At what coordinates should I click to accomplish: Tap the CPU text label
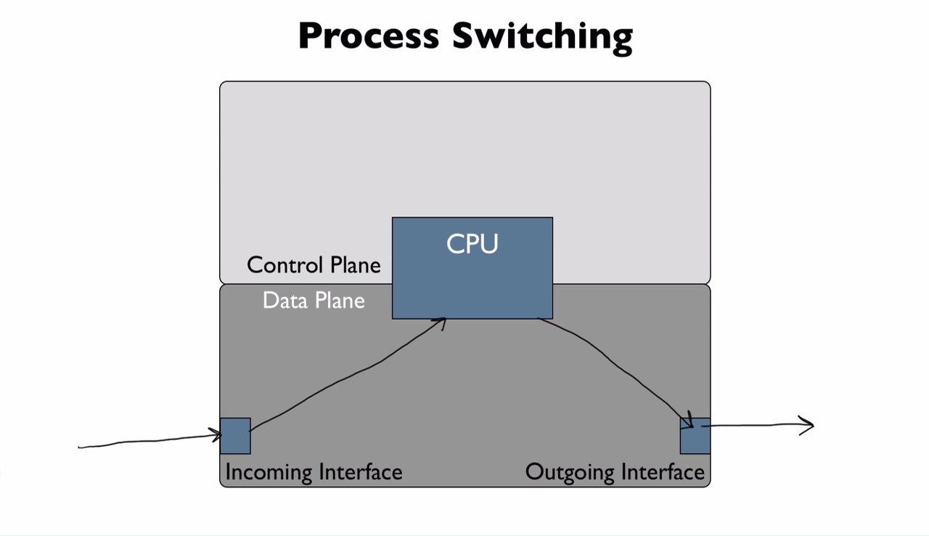472,243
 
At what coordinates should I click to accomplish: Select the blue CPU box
472,283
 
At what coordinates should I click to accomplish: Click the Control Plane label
314,265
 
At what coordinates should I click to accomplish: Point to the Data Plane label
314,300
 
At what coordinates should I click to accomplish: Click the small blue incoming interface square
235,436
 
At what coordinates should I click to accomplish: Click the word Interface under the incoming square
356,472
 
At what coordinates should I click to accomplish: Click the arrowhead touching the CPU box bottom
440,322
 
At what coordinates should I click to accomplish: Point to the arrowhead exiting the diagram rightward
808,426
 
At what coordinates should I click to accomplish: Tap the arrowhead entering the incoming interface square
216,434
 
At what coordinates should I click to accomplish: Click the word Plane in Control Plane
355,265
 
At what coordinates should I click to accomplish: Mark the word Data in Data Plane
280,300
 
